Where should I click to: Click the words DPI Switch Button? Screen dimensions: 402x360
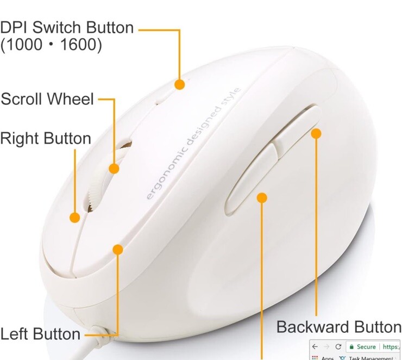pos(67,27)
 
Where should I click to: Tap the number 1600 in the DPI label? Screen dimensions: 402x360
pos(81,45)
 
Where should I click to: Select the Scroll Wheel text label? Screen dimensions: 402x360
pos(47,100)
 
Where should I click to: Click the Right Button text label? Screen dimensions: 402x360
pos(46,138)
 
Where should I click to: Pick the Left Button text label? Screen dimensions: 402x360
pos(41,333)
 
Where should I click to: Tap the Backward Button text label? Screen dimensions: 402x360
pos(338,327)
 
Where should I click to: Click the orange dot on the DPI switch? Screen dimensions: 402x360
pos(179,84)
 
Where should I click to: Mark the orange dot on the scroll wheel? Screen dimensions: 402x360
pos(114,168)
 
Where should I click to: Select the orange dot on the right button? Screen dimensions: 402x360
pos(75,218)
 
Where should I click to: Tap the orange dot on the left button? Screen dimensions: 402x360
pos(117,249)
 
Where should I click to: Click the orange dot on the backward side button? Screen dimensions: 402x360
pos(316,133)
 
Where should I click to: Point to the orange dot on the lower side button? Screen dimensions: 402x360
pos(262,197)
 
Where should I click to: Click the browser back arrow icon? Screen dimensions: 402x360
pos(315,346)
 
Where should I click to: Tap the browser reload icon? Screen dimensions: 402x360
pos(338,346)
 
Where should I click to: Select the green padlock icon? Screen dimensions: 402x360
pos(351,346)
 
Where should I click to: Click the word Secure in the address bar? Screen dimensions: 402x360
pos(367,346)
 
